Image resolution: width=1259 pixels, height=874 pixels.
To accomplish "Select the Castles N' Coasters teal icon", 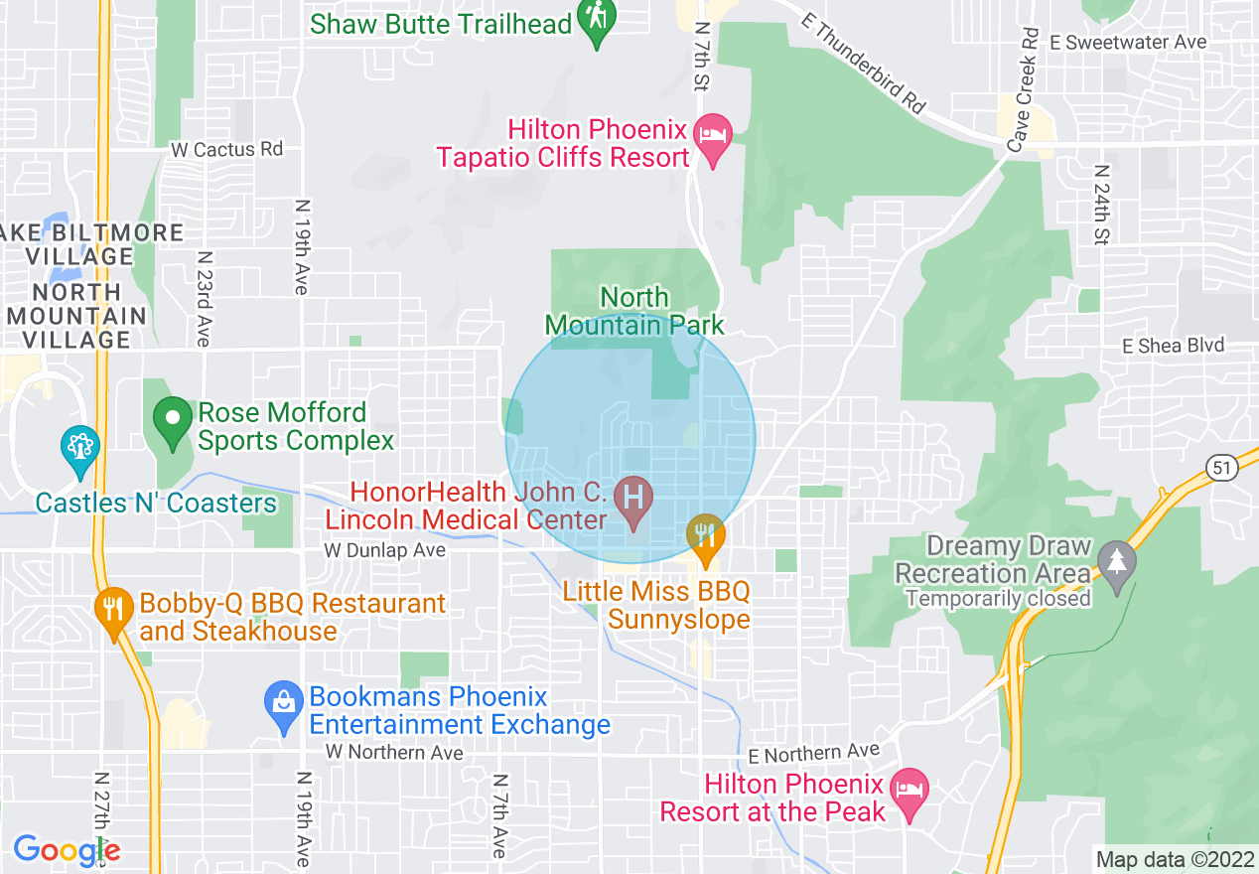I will coord(78,448).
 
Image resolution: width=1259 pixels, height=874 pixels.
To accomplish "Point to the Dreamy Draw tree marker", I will coord(1118,563).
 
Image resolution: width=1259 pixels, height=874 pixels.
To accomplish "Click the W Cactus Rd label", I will coord(226,149).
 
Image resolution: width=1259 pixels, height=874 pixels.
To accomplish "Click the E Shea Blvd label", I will coord(1173,346).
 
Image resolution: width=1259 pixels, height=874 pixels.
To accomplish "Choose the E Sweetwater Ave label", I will coord(1128,42).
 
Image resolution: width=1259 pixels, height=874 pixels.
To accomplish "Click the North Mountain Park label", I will coord(634,311).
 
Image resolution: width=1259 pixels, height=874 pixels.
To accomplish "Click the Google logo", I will coord(67,850).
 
